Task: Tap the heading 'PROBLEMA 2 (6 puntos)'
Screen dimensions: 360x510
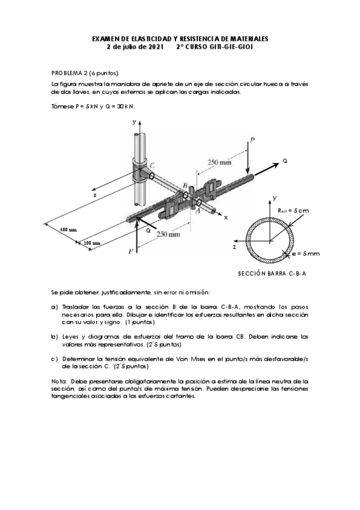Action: [x=85, y=73]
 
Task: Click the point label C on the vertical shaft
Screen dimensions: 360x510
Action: [x=151, y=165]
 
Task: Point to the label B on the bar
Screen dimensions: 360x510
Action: [x=185, y=185]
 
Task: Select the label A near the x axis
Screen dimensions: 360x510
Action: [x=197, y=210]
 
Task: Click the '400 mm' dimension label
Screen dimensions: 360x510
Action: [x=69, y=230]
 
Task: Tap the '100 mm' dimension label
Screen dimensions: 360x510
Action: [x=93, y=243]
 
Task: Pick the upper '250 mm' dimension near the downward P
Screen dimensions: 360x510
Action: [x=219, y=162]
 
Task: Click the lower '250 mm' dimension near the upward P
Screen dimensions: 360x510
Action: [x=168, y=234]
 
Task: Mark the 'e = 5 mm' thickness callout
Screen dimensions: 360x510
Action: [x=305, y=253]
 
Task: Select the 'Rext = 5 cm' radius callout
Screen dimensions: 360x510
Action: [x=293, y=210]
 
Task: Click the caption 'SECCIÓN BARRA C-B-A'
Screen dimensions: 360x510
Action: [x=272, y=274]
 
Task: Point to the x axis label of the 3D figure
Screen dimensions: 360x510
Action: [x=225, y=218]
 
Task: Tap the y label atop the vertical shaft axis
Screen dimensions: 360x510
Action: [x=134, y=122]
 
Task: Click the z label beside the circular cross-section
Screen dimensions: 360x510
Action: [x=234, y=247]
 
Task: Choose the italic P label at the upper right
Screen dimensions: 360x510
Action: [x=252, y=140]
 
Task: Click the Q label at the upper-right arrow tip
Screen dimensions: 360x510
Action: [x=285, y=161]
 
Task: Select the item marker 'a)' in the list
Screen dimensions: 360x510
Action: [x=54, y=307]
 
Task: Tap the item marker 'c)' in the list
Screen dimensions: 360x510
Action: [x=54, y=359]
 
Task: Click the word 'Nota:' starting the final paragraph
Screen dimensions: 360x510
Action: [x=59, y=381]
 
